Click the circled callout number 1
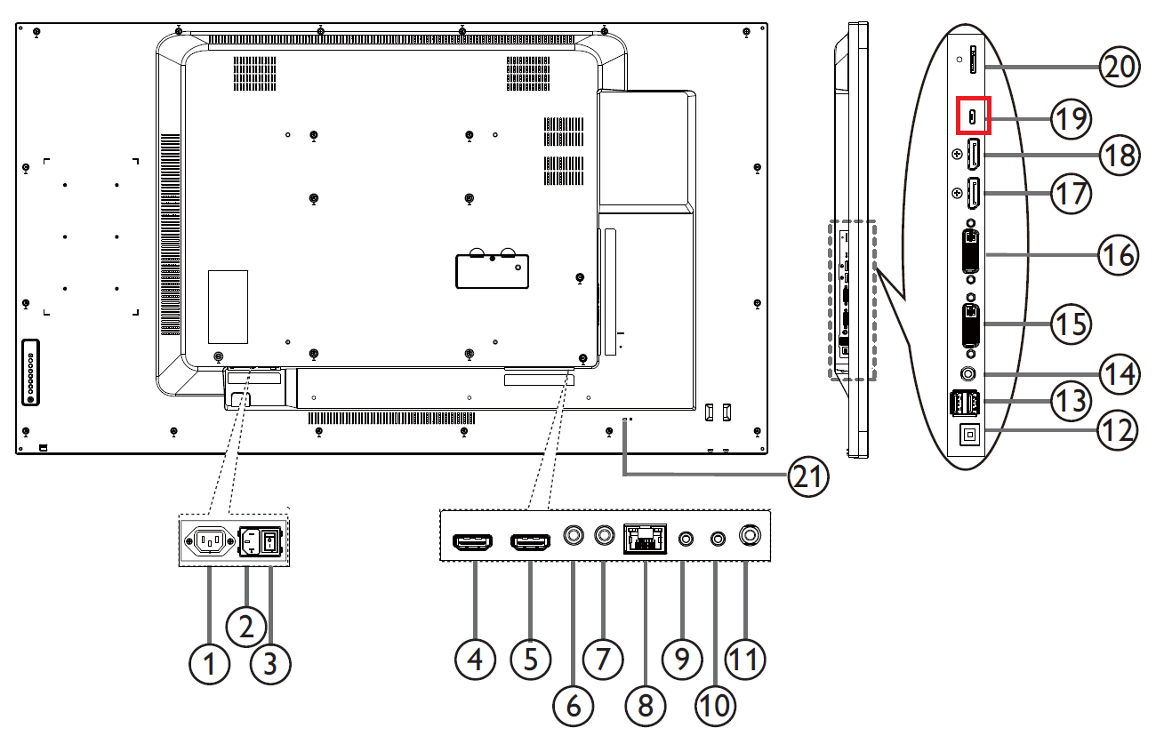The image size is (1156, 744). [x=210, y=663]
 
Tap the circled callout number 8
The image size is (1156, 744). [x=645, y=705]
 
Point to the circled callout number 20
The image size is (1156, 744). [x=1120, y=67]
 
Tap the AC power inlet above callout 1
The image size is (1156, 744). [x=210, y=541]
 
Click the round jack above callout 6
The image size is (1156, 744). [x=574, y=536]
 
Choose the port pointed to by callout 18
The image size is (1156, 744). [x=974, y=156]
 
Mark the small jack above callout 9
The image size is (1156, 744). [x=686, y=539]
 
